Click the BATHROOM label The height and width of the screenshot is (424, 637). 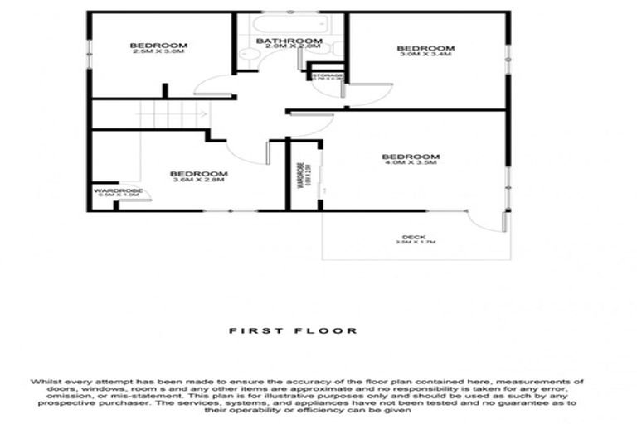[x=289, y=41]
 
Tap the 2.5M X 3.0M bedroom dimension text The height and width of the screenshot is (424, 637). [x=157, y=51]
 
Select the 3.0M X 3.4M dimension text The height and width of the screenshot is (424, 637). [x=425, y=55]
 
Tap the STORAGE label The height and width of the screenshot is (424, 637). [x=327, y=75]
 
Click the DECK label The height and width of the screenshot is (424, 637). [x=414, y=236]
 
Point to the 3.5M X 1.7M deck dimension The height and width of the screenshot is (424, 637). [x=414, y=243]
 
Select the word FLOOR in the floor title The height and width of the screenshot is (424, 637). [x=335, y=330]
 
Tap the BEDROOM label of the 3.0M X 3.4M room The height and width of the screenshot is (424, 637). [x=426, y=48]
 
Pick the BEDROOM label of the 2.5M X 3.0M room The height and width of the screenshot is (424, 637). [x=158, y=45]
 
